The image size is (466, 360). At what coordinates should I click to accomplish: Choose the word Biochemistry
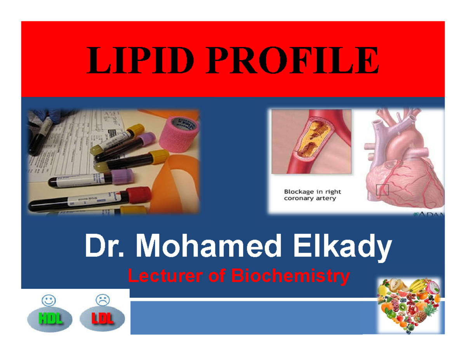(x=289, y=277)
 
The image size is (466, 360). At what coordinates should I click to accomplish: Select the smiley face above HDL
(x=49, y=300)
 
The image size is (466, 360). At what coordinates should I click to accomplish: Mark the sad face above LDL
(x=103, y=300)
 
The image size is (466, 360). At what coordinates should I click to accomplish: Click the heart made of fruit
(x=409, y=306)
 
